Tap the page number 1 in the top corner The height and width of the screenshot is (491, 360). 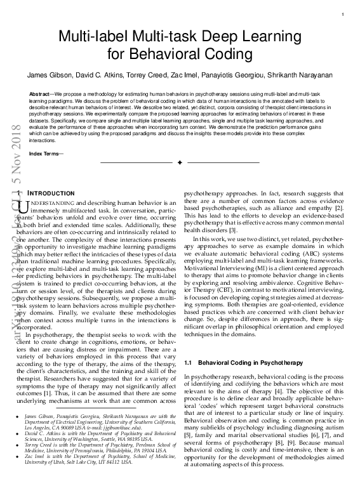(x=343, y=15)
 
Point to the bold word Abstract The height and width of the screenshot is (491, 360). (x=41, y=93)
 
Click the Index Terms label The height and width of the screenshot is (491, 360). (x=45, y=154)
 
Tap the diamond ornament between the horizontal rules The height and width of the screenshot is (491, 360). (x=180, y=164)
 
